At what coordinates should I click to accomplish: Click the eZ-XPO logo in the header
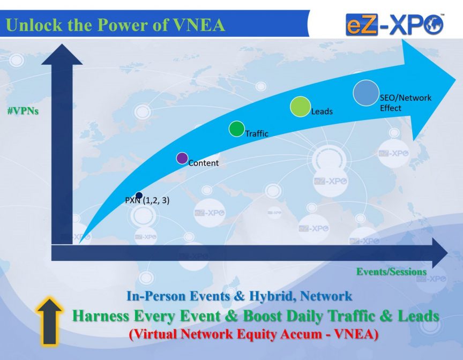395,25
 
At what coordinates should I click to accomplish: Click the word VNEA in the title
199,25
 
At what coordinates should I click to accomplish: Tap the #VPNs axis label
23,111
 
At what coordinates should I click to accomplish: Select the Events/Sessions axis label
391,272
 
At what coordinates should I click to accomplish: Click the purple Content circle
182,158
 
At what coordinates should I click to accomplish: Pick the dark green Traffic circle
236,129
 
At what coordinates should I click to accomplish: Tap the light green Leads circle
300,107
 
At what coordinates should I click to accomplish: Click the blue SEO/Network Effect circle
366,93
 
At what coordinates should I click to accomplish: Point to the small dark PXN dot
139,195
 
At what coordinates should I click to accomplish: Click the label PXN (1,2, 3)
147,200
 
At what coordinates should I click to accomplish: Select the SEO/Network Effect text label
406,103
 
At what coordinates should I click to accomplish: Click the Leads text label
322,111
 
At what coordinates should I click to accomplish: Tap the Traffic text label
257,134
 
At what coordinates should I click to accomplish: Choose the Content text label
204,163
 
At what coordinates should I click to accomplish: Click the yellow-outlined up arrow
49,321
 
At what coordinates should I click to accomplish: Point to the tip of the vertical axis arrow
62,44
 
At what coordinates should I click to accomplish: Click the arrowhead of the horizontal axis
440,253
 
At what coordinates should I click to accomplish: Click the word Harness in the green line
101,316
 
